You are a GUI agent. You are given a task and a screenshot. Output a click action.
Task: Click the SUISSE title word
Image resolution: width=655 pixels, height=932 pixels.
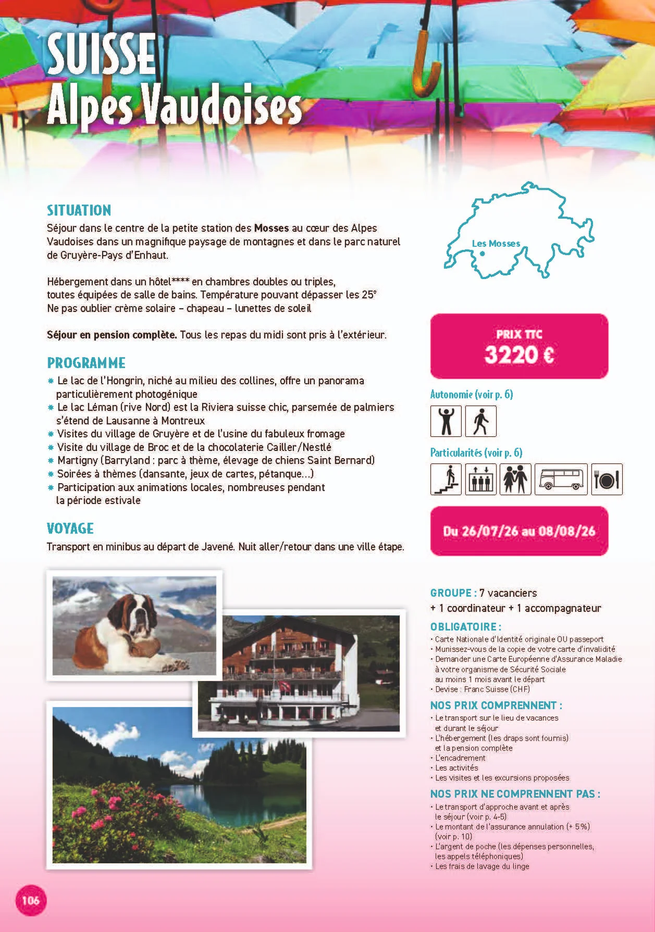point(101,54)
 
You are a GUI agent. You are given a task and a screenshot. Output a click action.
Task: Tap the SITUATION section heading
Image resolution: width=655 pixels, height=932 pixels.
point(79,210)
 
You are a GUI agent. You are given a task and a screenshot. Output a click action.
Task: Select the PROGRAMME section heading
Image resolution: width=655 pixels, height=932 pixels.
point(86,363)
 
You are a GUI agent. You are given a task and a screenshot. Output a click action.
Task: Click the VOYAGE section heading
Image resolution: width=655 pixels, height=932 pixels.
point(70,528)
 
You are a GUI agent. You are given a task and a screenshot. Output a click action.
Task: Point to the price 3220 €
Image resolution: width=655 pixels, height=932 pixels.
point(518,355)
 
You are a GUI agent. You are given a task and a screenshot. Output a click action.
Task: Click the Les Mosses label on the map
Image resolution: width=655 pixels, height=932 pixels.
point(496,243)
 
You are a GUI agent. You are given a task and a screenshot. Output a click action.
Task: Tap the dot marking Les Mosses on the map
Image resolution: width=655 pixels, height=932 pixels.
point(483,254)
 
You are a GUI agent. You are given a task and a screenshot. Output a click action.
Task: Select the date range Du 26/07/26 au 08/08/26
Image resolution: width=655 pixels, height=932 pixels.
point(518,531)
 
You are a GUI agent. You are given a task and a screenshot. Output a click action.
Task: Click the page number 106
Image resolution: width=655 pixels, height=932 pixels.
point(31,899)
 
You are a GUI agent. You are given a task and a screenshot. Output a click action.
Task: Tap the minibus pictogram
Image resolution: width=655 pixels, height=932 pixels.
point(561,479)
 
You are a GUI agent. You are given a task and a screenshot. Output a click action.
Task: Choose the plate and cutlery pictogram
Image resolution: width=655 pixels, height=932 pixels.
point(607,479)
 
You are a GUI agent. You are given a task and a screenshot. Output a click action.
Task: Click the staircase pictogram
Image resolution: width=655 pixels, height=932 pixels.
point(446,479)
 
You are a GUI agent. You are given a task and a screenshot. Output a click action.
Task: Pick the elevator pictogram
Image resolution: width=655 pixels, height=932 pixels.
point(480,479)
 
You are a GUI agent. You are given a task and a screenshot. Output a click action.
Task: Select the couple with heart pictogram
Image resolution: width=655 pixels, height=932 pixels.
point(515,479)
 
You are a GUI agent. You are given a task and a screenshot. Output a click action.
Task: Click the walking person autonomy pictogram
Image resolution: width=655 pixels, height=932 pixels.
point(480,421)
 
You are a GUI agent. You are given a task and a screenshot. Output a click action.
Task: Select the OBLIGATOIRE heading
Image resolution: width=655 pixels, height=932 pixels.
point(466,627)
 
